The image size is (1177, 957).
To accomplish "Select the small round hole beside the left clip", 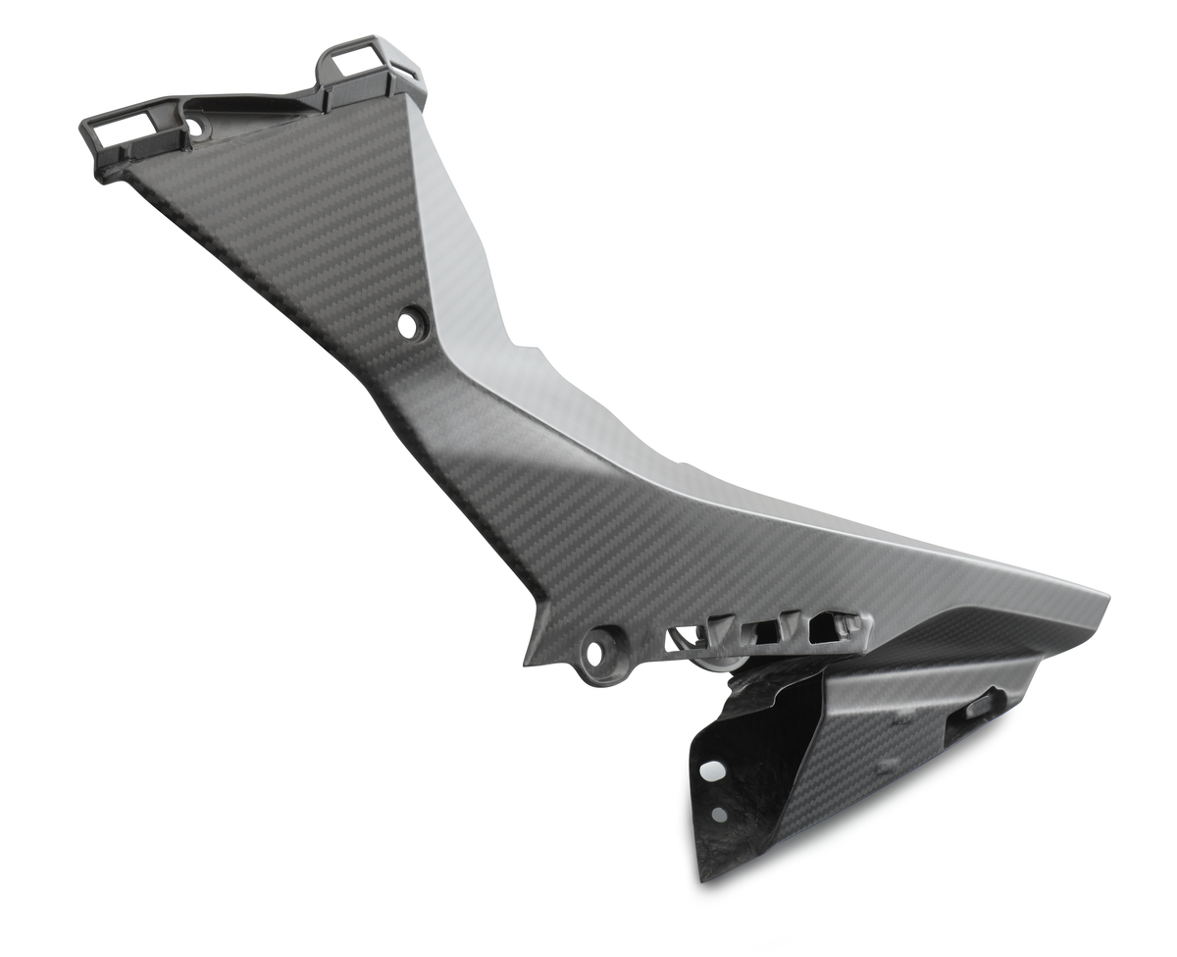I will (x=194, y=127).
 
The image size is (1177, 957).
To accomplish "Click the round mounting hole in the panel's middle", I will (x=411, y=323).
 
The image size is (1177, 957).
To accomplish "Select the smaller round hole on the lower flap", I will (x=719, y=814).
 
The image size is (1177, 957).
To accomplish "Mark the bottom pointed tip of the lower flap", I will (x=704, y=877).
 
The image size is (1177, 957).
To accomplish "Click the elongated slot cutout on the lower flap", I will (x=980, y=708).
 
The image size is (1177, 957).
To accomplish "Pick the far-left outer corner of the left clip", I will (x=82, y=122).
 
